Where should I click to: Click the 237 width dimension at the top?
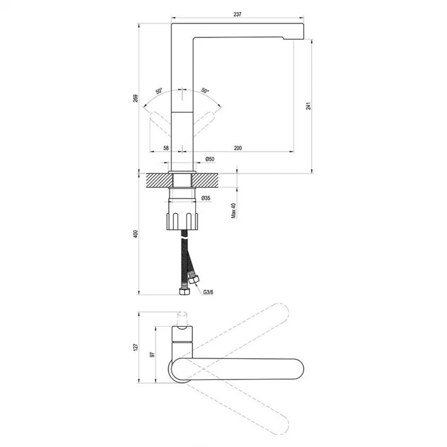pyautogui.click(x=237, y=14)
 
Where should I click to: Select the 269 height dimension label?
pyautogui.click(x=136, y=98)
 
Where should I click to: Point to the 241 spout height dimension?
pyautogui.click(x=309, y=106)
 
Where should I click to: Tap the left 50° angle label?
pyautogui.click(x=159, y=91)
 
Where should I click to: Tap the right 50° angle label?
pyautogui.click(x=205, y=91)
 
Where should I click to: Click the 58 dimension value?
pyautogui.click(x=166, y=148)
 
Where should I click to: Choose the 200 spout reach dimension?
pyautogui.click(x=238, y=148)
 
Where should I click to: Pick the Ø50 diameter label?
pyautogui.click(x=210, y=159)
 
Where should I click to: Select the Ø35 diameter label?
pyautogui.click(x=206, y=198)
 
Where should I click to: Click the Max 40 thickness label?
pyautogui.click(x=234, y=211)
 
